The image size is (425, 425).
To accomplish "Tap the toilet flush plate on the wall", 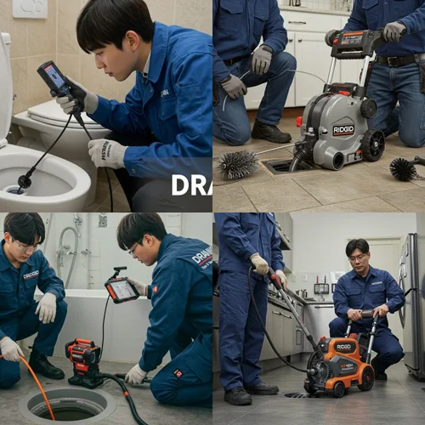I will pos(30,8).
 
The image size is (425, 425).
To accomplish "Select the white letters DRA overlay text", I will pos(191,184).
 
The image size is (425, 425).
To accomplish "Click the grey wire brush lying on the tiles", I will pos(237,164).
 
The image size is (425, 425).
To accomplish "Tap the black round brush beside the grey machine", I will pos(404,168).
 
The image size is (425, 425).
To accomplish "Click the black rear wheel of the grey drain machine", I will pos(372,144).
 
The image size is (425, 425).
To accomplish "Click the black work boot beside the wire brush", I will pos(270,132).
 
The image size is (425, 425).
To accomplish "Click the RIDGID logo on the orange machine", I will pos(344,347).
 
